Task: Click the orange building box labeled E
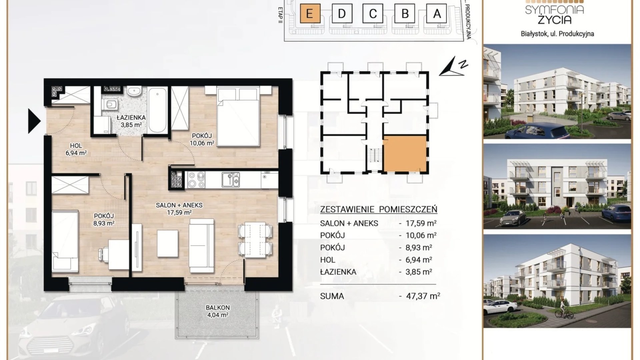[x=310, y=14]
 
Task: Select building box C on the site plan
[x=373, y=14]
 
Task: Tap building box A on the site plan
[x=437, y=14]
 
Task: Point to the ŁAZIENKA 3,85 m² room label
[x=131, y=121]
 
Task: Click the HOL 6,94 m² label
[x=76, y=150]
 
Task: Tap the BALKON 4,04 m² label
[x=218, y=311]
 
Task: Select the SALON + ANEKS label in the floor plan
[x=179, y=205]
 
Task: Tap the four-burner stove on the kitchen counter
[x=196, y=179]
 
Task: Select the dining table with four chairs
[x=255, y=240]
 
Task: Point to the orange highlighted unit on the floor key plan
[x=405, y=154]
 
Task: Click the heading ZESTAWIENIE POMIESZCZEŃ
[x=379, y=209]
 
